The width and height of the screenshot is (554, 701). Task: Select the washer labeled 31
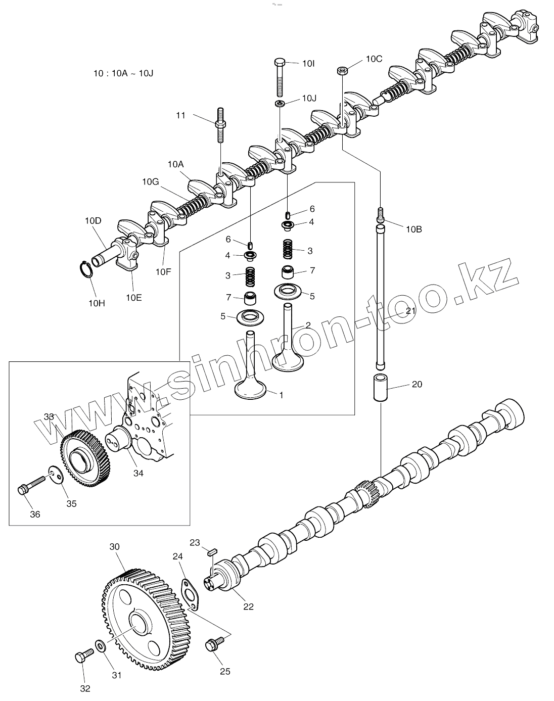[100, 645]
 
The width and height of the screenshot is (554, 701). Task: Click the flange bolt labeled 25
[212, 645]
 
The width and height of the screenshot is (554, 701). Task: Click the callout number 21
[410, 311]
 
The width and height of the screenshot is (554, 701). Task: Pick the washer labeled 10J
[280, 104]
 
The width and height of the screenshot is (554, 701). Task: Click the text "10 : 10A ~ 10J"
[123, 73]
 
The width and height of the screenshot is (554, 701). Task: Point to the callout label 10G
[151, 181]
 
